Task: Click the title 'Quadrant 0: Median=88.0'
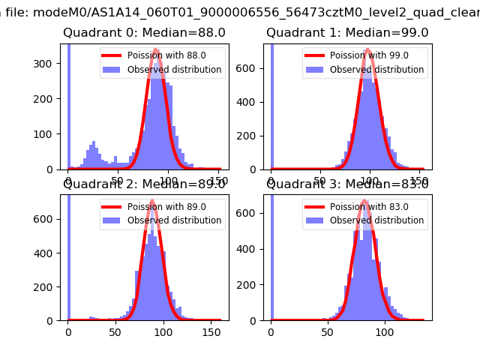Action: [144, 33]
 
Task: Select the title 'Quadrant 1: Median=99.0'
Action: [347, 33]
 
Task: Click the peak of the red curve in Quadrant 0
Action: [155, 49]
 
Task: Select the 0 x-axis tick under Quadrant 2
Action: [68, 332]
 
